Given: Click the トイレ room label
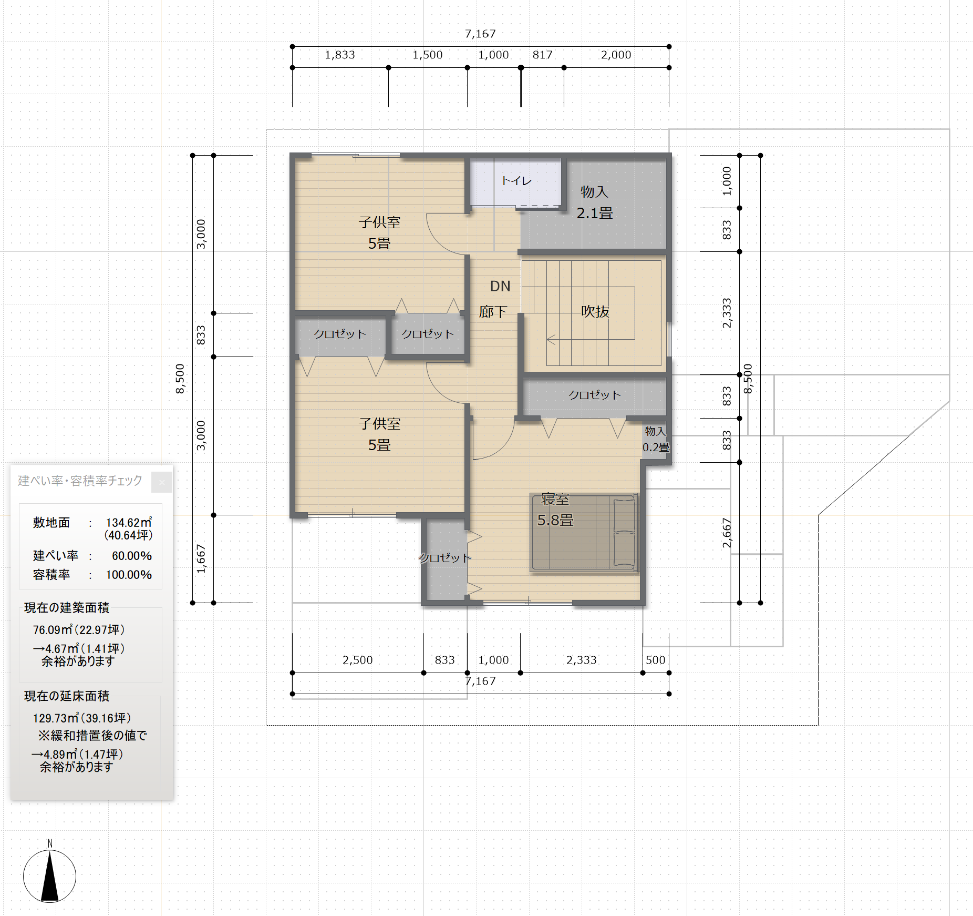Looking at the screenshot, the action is pos(516,181).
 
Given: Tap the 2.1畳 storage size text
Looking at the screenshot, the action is pos(595,213).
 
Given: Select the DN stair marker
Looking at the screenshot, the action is pos(500,286).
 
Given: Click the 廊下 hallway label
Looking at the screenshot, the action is pos(493,312).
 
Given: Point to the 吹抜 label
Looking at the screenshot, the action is pos(595,311).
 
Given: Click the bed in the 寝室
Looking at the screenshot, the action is pos(584,532).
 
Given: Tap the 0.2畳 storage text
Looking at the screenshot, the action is pos(656,447).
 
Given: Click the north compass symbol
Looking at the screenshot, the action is pos(50,876).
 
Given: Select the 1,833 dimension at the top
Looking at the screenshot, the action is pos(340,55).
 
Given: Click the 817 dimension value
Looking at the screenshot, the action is pos(542,55).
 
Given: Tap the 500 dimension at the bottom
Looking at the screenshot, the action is pos(655,660).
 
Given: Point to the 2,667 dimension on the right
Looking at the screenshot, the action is pos(727,533).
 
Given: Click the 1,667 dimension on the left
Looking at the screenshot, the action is pos(201,558).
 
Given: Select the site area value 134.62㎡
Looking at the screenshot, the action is pos(129,522).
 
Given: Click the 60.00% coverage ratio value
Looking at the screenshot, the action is pos(132,556).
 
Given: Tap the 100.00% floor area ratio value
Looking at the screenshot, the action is pos(129,575).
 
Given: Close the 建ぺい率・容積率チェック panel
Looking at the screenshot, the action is pos(162,482).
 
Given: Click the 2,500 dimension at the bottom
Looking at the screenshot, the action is pos(357,660).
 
